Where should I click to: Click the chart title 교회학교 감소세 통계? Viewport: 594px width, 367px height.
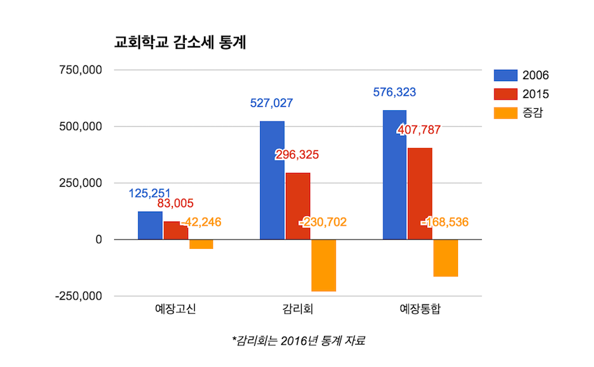(x=180, y=43)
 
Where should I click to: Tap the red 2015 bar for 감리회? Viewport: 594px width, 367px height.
(x=298, y=206)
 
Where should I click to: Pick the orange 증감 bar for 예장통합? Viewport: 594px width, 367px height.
(x=445, y=258)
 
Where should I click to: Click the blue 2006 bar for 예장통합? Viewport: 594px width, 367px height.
(x=394, y=175)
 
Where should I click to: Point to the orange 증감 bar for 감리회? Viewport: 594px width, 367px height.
(x=323, y=265)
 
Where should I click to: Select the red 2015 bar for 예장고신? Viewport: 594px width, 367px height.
(x=176, y=230)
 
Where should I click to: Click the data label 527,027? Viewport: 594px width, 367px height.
(x=271, y=103)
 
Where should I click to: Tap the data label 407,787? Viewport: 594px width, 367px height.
(x=418, y=130)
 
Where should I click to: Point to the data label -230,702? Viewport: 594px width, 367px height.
(x=323, y=222)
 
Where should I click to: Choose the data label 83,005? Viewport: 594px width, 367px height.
(x=176, y=204)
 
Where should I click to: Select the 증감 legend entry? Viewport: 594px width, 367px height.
(x=521, y=114)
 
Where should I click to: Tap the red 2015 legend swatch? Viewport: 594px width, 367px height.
(x=505, y=94)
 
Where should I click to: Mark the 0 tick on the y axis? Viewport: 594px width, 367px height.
(x=98, y=240)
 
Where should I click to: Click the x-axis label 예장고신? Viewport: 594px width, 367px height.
(x=176, y=309)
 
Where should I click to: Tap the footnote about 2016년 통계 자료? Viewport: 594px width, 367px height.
(x=298, y=341)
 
